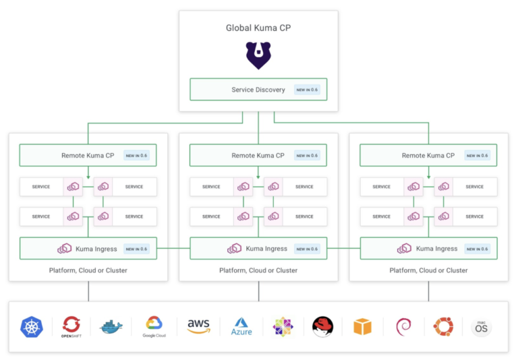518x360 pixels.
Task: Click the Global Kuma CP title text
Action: click(x=258, y=28)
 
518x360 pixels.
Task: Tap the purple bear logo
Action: click(x=258, y=55)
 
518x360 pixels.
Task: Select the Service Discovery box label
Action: click(x=258, y=90)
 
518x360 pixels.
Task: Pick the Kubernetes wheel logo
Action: click(x=32, y=327)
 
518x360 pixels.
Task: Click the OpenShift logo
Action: click(x=71, y=327)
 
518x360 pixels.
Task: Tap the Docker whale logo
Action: click(x=111, y=328)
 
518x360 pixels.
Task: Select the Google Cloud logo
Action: click(x=154, y=327)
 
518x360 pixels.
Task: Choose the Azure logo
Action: click(x=241, y=327)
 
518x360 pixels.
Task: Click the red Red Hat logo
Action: click(x=323, y=327)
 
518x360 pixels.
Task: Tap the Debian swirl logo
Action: click(x=403, y=327)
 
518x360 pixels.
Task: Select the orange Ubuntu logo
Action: click(x=443, y=327)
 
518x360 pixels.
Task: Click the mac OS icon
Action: click(x=481, y=328)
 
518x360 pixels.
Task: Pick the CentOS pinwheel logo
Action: click(x=283, y=327)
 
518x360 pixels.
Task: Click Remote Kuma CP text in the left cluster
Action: click(x=88, y=155)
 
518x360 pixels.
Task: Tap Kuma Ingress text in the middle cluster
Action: click(x=266, y=249)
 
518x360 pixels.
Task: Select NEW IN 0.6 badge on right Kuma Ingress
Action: click(x=477, y=249)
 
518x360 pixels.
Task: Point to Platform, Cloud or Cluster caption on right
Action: click(x=428, y=270)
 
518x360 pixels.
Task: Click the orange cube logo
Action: click(x=363, y=327)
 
